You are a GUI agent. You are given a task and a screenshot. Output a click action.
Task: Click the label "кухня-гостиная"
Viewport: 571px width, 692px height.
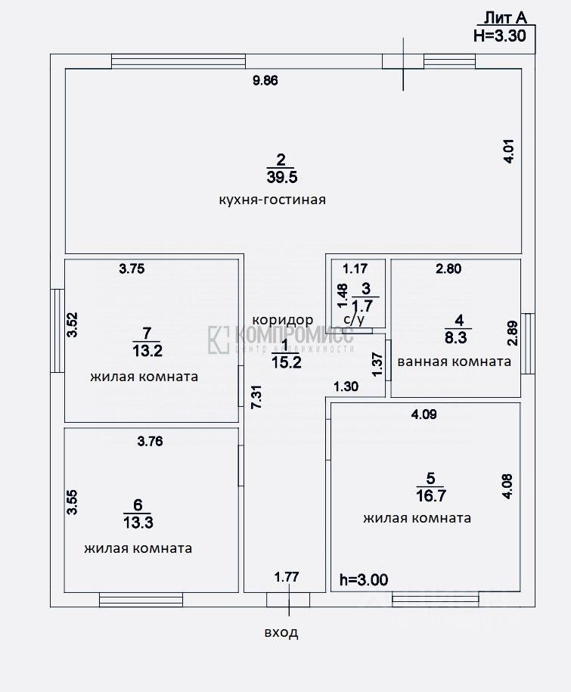(272, 200)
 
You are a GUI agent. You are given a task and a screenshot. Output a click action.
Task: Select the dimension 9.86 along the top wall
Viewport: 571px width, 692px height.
(265, 82)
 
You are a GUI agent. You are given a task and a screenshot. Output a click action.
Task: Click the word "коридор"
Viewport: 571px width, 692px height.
(283, 320)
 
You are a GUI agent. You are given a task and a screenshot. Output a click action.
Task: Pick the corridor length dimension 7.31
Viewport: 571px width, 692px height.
(257, 396)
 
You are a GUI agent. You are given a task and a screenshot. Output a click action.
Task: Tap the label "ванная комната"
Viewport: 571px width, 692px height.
(454, 362)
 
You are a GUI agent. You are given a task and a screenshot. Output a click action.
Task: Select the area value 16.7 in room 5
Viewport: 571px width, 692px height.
(430, 495)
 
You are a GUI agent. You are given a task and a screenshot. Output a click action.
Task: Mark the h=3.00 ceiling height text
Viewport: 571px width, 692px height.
(364, 580)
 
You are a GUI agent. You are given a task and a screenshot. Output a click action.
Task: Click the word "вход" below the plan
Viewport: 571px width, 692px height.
(281, 632)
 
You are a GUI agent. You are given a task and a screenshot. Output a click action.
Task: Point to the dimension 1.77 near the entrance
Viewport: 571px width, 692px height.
(287, 577)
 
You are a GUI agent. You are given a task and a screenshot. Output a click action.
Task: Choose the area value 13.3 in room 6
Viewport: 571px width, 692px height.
(137, 522)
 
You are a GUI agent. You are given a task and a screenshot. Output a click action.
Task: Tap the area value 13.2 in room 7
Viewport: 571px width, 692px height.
(147, 350)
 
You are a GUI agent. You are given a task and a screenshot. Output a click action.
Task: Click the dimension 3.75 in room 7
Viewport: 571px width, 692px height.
(131, 267)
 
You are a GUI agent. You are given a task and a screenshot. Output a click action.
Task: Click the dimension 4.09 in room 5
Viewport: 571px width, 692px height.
(424, 414)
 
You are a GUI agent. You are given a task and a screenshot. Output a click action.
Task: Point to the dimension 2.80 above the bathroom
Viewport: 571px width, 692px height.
(448, 267)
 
